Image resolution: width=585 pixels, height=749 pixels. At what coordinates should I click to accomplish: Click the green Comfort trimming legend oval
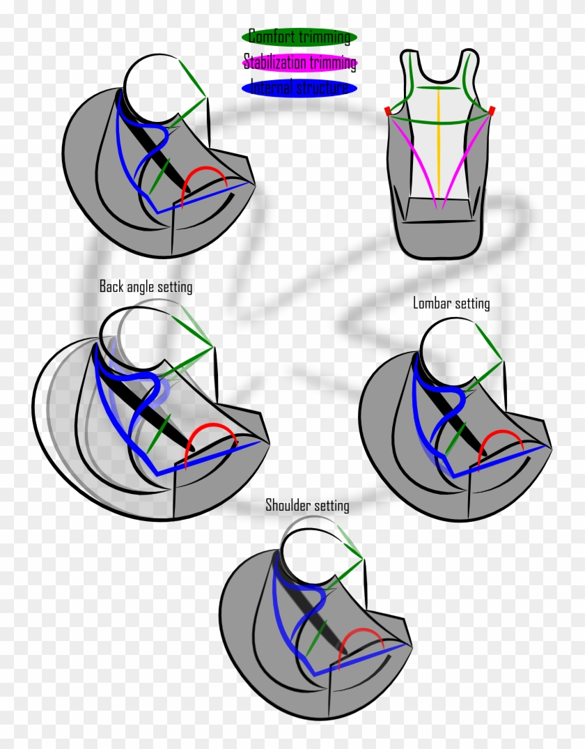(299, 37)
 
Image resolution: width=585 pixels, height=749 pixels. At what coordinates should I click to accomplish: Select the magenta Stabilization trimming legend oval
(299, 62)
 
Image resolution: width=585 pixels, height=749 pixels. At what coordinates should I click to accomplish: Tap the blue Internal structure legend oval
(299, 88)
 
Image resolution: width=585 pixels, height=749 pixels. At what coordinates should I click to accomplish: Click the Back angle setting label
(146, 286)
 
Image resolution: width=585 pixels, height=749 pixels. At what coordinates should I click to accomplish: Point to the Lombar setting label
(451, 303)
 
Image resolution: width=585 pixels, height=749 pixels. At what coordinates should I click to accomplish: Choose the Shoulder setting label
(307, 505)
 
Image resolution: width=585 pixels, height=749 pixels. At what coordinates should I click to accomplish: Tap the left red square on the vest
(388, 111)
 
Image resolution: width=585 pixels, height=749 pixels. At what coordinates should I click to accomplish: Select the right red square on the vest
(492, 110)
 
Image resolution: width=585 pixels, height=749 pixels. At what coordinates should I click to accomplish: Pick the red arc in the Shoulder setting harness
(361, 630)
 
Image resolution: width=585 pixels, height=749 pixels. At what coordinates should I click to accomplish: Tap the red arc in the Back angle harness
(212, 424)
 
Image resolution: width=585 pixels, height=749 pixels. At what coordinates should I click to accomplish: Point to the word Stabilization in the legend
(274, 63)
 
